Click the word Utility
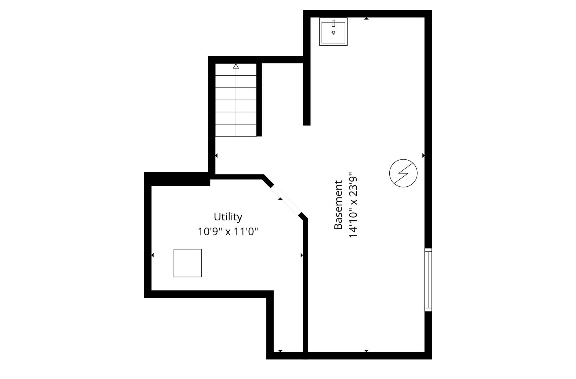coord(228,217)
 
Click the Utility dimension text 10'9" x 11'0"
coord(228,231)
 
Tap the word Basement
coord(338,205)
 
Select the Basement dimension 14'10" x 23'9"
coord(353,205)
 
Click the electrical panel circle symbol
coord(403,173)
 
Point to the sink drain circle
coord(333,33)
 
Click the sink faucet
coord(333,23)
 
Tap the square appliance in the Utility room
coord(188,263)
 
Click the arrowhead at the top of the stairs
coord(236,66)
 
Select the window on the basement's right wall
coord(428,280)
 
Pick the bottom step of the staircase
coord(236,130)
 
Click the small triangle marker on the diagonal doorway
coord(280,199)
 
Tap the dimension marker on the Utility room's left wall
coord(153,255)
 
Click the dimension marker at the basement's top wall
coord(366,19)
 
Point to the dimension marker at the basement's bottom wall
coord(366,351)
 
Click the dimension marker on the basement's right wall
coord(423,156)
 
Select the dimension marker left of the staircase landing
coord(216,156)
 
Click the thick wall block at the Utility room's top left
coord(177,179)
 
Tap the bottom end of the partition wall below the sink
coord(307,125)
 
